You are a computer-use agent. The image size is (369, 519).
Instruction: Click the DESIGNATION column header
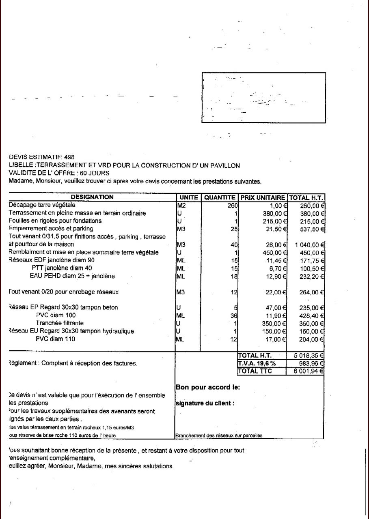point(92,197)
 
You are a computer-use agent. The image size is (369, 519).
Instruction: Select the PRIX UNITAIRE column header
point(263,198)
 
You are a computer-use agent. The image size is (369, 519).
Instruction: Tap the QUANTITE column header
point(220,198)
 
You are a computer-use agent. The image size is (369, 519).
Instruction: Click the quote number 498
point(69,157)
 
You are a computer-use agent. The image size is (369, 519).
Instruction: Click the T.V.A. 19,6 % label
point(257,363)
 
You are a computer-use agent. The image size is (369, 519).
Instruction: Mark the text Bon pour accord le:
point(207,387)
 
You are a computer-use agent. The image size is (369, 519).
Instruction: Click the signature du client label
point(205,403)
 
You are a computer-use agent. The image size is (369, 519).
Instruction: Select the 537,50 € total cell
point(312,229)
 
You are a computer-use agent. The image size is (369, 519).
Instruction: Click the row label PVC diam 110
point(55,339)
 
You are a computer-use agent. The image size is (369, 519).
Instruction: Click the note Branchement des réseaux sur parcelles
point(219,436)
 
